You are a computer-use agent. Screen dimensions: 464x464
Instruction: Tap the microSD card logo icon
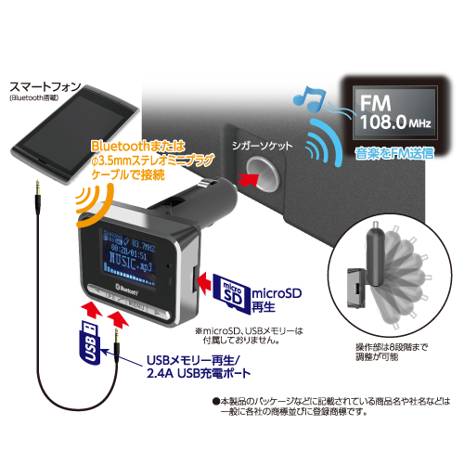(x=221, y=290)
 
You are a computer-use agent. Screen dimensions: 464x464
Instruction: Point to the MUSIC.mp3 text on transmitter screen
(x=126, y=265)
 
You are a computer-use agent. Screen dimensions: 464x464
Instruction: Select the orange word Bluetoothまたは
(x=135, y=146)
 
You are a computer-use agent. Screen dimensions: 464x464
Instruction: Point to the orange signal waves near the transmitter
(x=87, y=200)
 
